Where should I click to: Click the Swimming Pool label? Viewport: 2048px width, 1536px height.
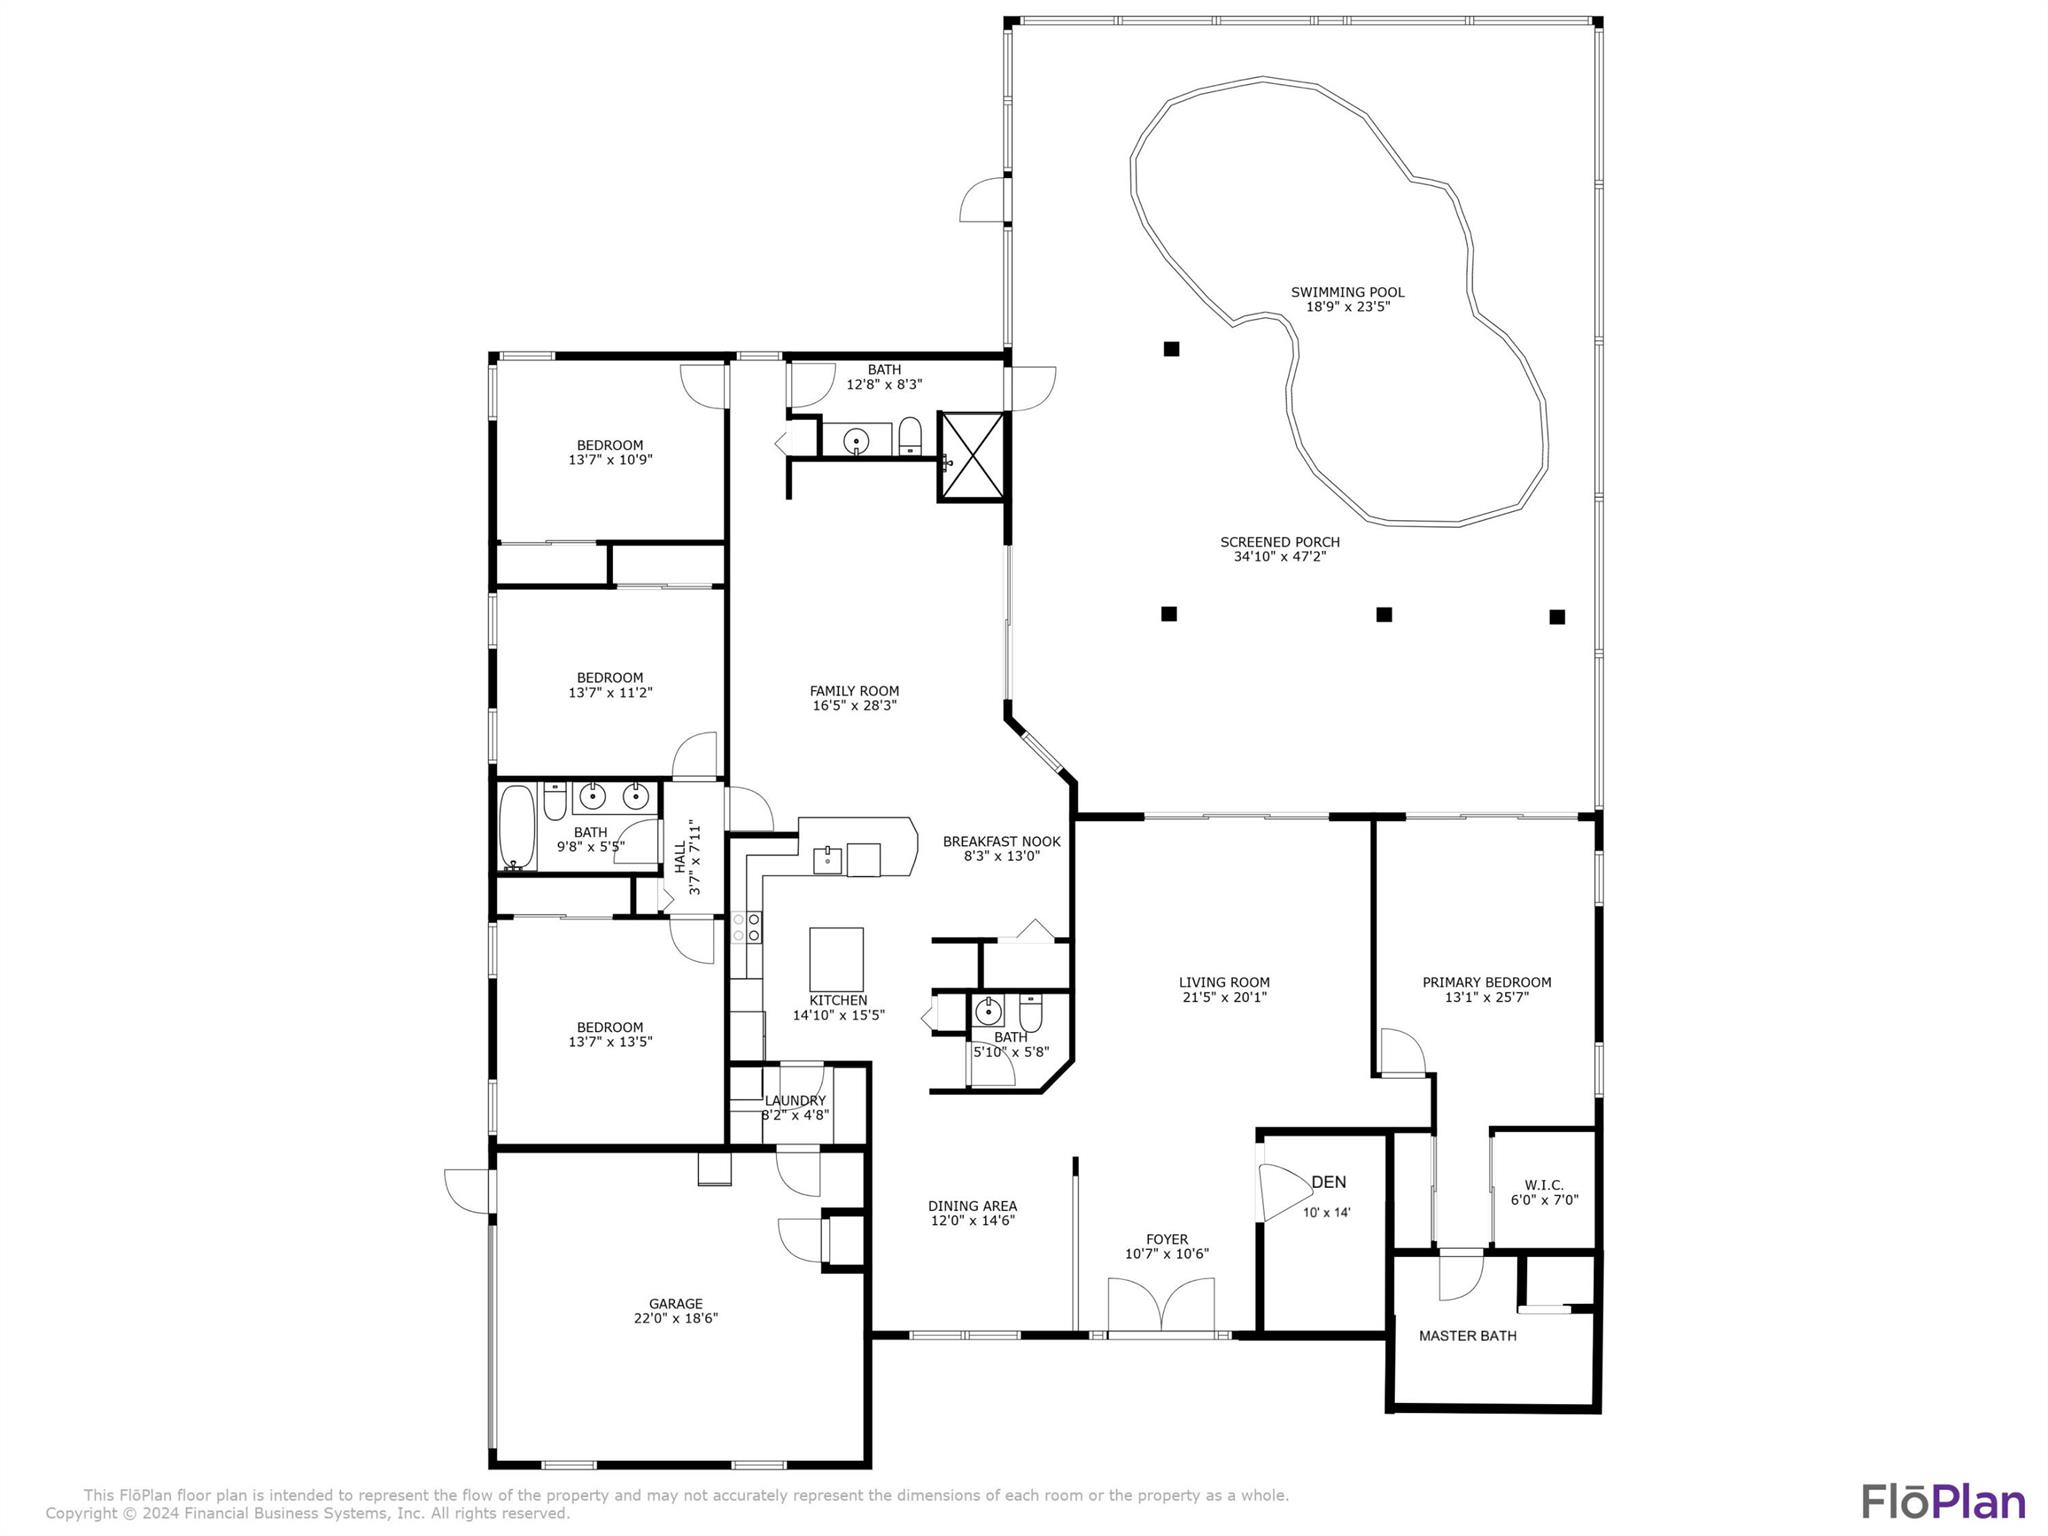pyautogui.click(x=1347, y=292)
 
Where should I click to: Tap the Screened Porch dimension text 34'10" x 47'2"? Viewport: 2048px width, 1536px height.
pyautogui.click(x=1279, y=557)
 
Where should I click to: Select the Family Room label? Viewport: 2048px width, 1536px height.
pyautogui.click(x=854, y=691)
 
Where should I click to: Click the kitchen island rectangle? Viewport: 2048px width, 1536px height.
pyautogui.click(x=836, y=958)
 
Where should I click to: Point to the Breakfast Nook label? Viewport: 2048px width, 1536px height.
pyautogui.click(x=1001, y=842)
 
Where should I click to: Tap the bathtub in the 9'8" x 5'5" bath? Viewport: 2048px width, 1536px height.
pyautogui.click(x=518, y=827)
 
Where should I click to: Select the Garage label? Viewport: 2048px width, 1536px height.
pyautogui.click(x=676, y=1304)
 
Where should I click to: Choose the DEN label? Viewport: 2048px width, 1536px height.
pyautogui.click(x=1328, y=1182)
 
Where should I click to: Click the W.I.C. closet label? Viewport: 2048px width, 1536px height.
pyautogui.click(x=1544, y=1185)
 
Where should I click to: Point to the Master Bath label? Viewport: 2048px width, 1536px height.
pyautogui.click(x=1467, y=1336)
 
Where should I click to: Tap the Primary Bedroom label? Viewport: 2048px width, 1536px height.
pyautogui.click(x=1486, y=983)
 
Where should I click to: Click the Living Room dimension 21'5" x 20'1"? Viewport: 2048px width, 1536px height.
pyautogui.click(x=1224, y=997)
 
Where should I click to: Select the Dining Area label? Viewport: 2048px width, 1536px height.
pyautogui.click(x=972, y=1206)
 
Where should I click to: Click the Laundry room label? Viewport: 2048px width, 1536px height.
pyautogui.click(x=795, y=1101)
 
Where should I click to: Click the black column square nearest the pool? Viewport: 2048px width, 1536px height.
pyautogui.click(x=1171, y=349)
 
